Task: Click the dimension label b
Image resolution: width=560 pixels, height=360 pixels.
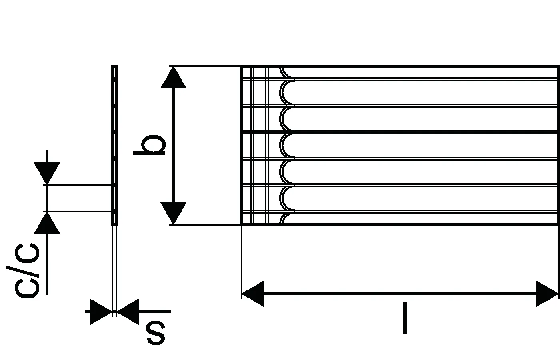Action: (149, 145)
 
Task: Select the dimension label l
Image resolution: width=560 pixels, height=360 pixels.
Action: (405, 318)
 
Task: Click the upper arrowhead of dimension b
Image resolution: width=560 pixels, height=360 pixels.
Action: (173, 78)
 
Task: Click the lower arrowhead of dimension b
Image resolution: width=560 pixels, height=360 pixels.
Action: (173, 213)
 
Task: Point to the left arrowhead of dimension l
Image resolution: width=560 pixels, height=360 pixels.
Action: (253, 294)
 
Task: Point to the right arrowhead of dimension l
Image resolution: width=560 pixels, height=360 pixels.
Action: (547, 294)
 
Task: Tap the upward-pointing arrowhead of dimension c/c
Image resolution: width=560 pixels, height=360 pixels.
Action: (47, 223)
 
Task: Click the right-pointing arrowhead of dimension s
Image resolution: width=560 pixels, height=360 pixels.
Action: (100, 312)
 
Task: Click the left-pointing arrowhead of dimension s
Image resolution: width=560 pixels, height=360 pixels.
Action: (128, 312)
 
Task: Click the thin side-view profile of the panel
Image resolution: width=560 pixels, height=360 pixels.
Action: (114, 145)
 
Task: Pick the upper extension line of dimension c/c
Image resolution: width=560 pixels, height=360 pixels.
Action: (78, 185)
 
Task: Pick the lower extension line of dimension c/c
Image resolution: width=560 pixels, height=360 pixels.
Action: (78, 212)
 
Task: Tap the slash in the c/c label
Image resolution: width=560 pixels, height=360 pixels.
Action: (23, 271)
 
